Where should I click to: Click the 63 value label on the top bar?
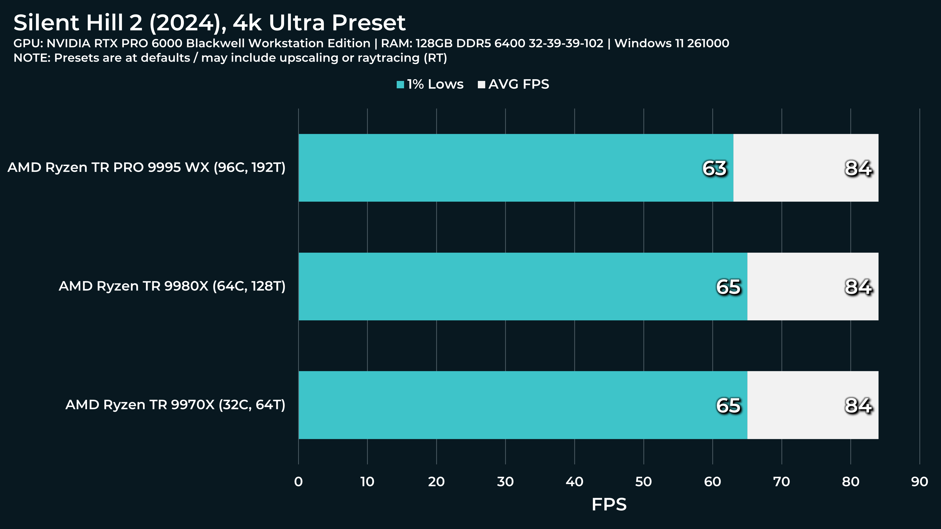(x=714, y=168)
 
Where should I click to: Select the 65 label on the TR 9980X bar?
(x=728, y=287)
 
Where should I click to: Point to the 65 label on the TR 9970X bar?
(x=728, y=406)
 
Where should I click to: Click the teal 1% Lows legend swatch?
(x=400, y=85)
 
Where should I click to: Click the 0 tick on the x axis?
(x=298, y=482)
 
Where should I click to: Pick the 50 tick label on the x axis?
(x=643, y=482)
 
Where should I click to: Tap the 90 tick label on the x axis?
(x=919, y=482)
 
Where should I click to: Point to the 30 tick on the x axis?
(x=505, y=482)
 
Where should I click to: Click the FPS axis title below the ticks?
(x=609, y=504)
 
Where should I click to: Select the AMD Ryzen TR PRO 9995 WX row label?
(x=146, y=168)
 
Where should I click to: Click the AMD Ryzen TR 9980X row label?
(x=172, y=286)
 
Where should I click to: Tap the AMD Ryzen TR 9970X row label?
(x=175, y=405)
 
